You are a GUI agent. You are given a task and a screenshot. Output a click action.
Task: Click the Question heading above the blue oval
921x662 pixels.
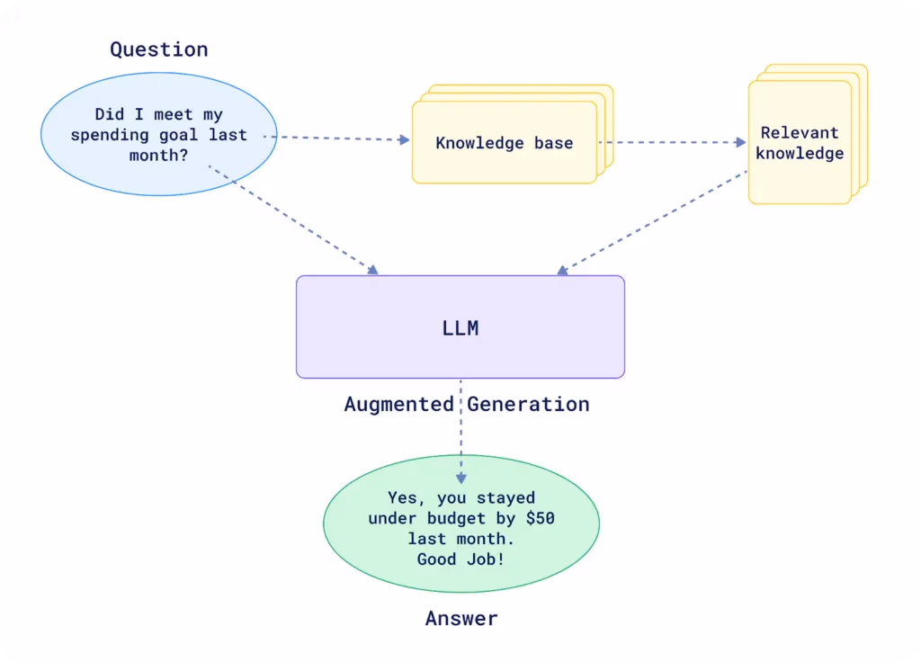pyautogui.click(x=159, y=49)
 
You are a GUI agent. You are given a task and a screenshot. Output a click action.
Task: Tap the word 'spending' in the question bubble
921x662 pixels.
pyautogui.click(x=109, y=136)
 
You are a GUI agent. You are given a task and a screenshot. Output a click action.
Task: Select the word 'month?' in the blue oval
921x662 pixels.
pyautogui.click(x=158, y=156)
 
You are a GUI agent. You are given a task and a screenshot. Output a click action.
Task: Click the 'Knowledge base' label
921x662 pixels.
pyautogui.click(x=505, y=143)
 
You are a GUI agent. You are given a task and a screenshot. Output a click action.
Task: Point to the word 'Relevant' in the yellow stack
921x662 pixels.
pyautogui.click(x=800, y=133)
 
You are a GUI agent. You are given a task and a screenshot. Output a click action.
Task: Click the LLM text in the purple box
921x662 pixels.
pyautogui.click(x=460, y=327)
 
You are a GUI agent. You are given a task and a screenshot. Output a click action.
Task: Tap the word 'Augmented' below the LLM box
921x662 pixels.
pyautogui.click(x=398, y=404)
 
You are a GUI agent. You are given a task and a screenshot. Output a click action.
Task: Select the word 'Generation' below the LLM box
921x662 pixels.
pyautogui.click(x=528, y=404)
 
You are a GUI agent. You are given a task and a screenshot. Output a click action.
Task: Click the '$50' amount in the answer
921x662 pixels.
pyautogui.click(x=541, y=518)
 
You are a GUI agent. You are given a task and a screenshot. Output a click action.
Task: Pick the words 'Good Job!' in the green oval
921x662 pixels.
pyautogui.click(x=461, y=559)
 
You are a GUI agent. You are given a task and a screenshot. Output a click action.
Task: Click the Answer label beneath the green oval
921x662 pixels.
pyautogui.click(x=461, y=619)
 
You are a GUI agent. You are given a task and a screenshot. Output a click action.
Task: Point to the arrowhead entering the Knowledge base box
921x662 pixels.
pyautogui.click(x=404, y=139)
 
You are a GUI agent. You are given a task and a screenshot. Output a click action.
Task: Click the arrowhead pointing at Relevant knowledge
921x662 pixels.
pyautogui.click(x=741, y=142)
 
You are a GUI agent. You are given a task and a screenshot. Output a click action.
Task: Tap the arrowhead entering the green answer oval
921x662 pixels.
pyautogui.click(x=461, y=479)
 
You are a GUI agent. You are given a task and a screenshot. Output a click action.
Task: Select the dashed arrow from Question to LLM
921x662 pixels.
pyautogui.click(x=293, y=220)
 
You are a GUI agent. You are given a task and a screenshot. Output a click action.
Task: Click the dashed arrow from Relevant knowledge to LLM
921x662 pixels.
pyautogui.click(x=652, y=223)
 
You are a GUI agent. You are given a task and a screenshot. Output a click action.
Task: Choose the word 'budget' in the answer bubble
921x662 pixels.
pyautogui.click(x=456, y=518)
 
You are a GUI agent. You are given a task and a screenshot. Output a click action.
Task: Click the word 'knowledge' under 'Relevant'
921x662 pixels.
pyautogui.click(x=800, y=154)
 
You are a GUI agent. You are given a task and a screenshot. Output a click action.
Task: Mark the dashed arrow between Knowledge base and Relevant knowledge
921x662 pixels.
pyautogui.click(x=672, y=142)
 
